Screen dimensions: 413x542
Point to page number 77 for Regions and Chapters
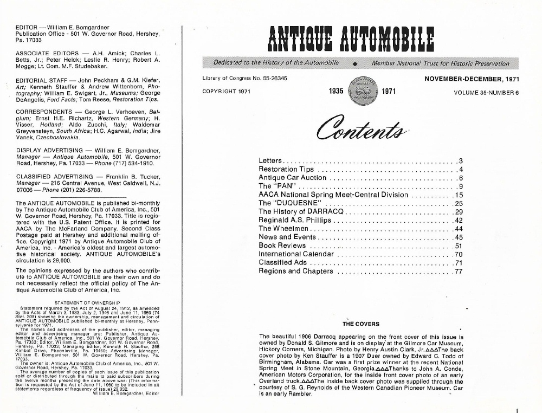[459, 271]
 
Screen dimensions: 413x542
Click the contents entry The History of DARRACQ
[300, 211]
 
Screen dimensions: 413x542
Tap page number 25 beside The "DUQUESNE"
[459, 203]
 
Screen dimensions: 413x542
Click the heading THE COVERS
[361, 324]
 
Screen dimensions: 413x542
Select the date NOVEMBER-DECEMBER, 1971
[472, 79]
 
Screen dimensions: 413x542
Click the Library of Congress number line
[244, 79]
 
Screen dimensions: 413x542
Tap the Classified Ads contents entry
[282, 263]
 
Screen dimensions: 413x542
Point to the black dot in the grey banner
[355, 64]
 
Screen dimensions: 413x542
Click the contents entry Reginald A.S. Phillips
[294, 220]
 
